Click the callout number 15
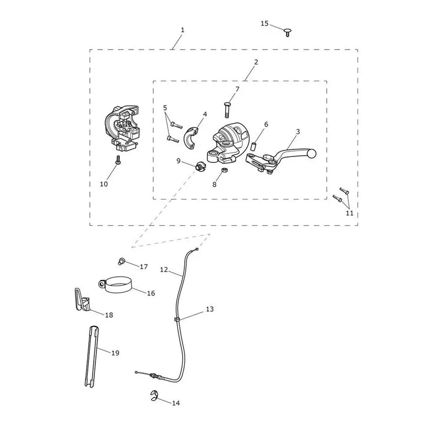point(264,23)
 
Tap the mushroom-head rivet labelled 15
point(287,32)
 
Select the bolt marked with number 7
point(227,110)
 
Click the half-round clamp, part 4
point(192,136)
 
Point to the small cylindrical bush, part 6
point(253,146)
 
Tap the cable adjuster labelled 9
point(201,166)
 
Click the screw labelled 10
point(118,160)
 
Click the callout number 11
point(349,213)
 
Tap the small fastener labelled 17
point(121,262)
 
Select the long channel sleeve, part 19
point(92,356)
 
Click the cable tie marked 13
point(177,319)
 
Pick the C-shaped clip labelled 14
point(154,396)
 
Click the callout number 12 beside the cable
point(164,269)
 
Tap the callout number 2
point(256,62)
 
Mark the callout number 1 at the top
point(183,30)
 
